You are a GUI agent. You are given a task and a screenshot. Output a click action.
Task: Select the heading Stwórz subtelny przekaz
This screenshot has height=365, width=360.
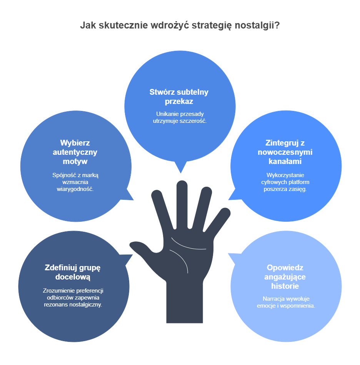[179, 97]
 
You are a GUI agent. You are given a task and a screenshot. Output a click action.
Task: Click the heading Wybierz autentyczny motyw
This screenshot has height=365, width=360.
[75, 152]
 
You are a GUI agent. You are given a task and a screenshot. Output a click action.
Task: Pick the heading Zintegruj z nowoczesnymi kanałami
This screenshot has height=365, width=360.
[285, 152]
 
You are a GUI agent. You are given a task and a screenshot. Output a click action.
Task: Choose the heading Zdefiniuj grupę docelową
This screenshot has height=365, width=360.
[73, 272]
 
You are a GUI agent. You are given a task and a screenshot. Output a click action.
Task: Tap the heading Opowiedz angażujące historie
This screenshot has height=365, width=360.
[285, 277]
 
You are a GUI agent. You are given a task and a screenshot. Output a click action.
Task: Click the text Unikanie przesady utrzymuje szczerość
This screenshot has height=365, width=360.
[180, 117]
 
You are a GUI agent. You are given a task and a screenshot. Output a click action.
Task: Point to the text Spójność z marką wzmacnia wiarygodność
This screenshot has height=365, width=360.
[75, 182]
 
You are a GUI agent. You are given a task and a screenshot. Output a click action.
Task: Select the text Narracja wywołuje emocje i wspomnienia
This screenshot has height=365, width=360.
[286, 302]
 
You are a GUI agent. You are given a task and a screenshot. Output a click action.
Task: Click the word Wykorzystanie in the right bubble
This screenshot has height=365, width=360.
[285, 175]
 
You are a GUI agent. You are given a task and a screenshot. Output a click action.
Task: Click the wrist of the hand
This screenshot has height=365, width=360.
[184, 303]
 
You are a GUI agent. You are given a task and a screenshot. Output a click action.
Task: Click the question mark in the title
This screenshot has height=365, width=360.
[277, 25]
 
